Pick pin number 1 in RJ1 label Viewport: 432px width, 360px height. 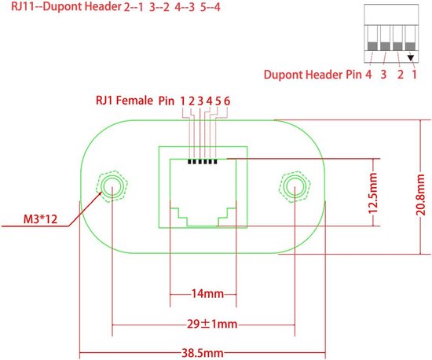[182, 101]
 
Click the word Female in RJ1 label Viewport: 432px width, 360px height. [134, 101]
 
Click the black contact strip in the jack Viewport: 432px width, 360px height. [203, 163]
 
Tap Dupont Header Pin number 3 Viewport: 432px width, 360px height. [383, 77]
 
